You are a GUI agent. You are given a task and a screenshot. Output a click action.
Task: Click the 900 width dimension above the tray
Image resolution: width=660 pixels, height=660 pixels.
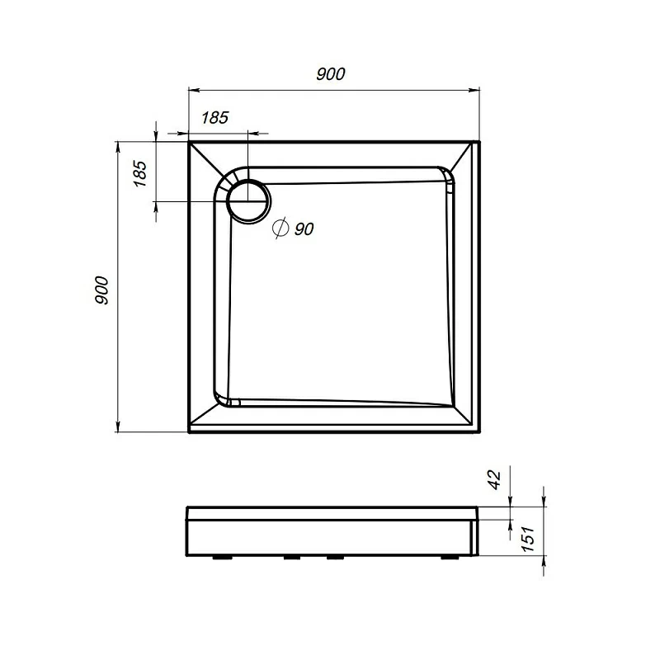330,73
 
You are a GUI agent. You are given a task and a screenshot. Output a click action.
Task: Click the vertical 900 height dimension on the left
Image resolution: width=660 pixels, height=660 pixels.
101,290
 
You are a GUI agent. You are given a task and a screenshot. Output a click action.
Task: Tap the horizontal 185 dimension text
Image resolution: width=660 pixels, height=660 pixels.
214,117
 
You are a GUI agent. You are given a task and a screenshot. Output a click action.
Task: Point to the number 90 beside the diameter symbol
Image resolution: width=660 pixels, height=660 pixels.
303,229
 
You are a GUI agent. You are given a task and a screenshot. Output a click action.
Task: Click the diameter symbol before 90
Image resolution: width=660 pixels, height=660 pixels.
280,229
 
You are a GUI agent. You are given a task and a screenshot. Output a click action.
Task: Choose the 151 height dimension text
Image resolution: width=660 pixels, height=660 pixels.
527,540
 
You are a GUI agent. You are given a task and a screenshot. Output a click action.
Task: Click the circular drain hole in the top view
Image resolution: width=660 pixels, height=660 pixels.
247,200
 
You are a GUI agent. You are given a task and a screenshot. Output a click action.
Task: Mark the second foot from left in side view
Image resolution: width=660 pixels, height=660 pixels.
292,557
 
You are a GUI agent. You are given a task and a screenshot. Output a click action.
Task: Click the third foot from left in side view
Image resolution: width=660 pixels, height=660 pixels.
334,557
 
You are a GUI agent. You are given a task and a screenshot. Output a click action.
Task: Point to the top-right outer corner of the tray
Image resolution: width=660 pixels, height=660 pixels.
479,141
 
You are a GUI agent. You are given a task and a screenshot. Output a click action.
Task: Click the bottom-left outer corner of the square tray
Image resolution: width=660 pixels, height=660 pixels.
190,432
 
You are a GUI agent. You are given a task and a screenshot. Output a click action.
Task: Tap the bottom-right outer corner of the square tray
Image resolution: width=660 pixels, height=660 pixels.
479,432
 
